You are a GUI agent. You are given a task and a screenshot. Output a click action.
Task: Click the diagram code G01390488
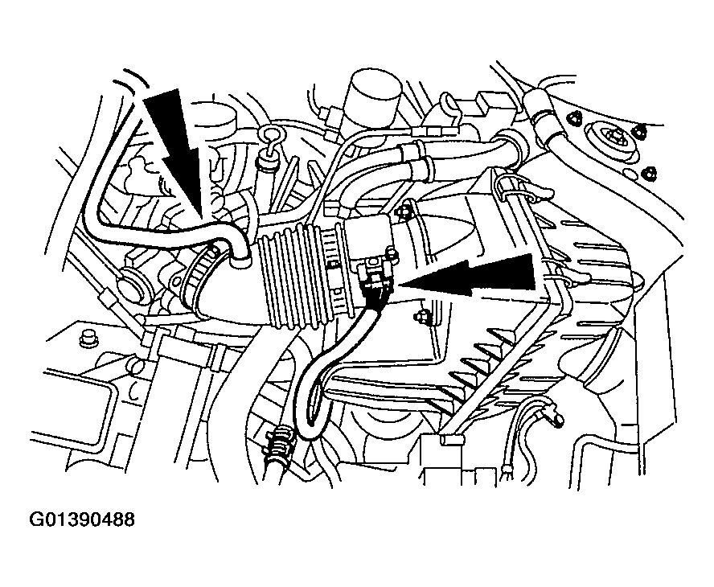(x=82, y=519)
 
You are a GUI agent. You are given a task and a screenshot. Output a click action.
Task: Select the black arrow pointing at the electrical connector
(x=469, y=276)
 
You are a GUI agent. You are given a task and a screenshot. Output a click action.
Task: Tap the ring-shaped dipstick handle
(x=272, y=136)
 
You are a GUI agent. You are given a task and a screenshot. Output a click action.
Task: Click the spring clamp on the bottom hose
(x=279, y=441)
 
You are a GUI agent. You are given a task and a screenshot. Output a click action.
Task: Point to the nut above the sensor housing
(x=403, y=211)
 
